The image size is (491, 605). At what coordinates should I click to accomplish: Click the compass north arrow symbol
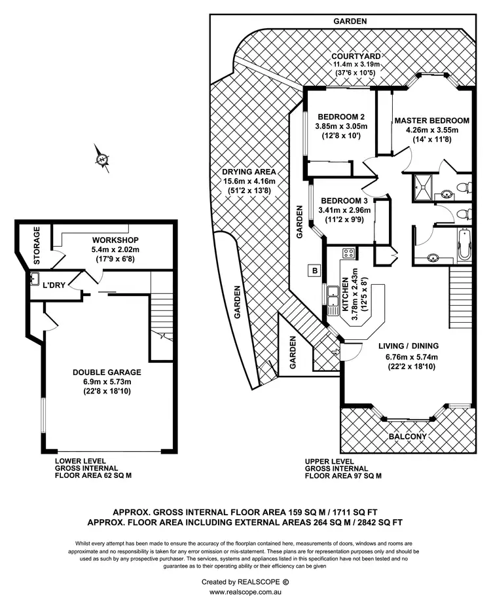pyautogui.click(x=102, y=158)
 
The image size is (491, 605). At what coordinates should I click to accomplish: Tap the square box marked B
pyautogui.click(x=314, y=270)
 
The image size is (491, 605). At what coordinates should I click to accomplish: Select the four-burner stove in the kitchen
pyautogui.click(x=348, y=253)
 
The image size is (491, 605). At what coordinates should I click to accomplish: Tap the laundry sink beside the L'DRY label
pyautogui.click(x=33, y=280)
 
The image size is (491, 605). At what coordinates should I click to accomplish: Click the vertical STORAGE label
pyautogui.click(x=37, y=246)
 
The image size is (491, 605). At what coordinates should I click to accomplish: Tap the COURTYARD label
pyautogui.click(x=357, y=56)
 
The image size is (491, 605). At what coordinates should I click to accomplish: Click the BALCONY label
pyautogui.click(x=407, y=437)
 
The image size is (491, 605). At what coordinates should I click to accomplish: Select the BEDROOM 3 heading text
pyautogui.click(x=344, y=200)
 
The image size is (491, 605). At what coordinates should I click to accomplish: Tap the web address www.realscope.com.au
pyautogui.click(x=245, y=592)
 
